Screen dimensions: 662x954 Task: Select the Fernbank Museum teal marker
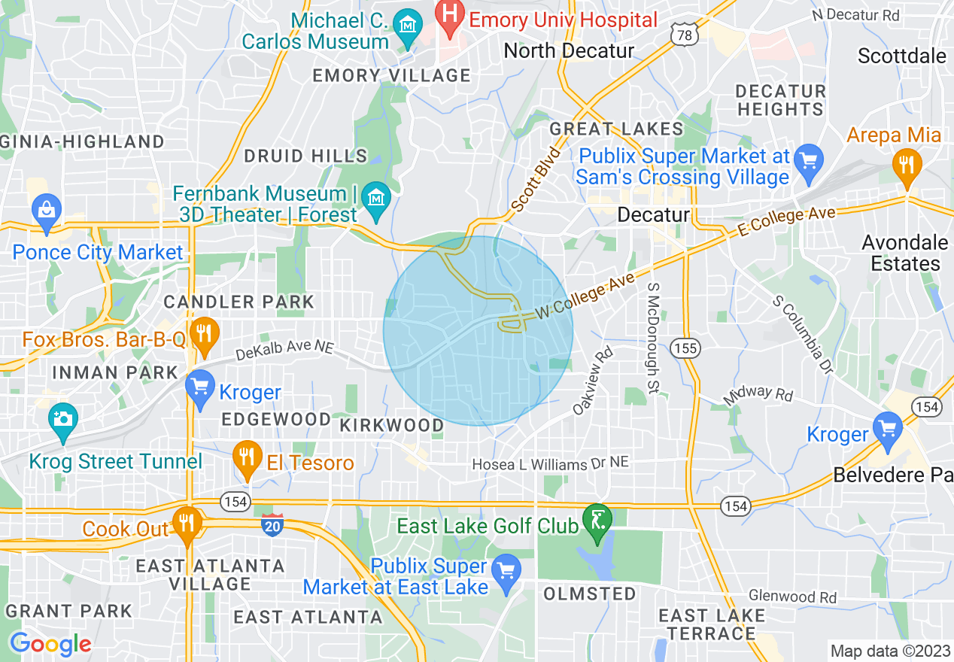coord(374,199)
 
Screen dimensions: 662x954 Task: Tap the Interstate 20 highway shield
coord(273,524)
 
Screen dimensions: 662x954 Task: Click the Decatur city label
coord(653,215)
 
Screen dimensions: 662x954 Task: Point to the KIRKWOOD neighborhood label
coord(391,425)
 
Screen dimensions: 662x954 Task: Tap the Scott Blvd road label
coord(536,180)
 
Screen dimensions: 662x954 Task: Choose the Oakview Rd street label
coord(593,381)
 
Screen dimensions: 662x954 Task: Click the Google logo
coord(50,644)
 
